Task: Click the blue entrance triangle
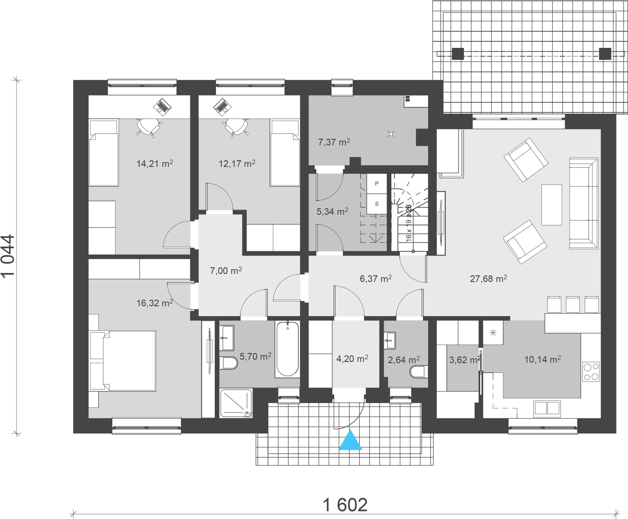click(350, 441)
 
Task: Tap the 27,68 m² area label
click(488, 279)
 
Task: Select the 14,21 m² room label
click(155, 163)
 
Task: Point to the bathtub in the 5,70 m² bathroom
click(288, 349)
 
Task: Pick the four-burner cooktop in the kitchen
click(591, 371)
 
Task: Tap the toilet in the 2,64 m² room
click(419, 371)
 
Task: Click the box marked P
click(377, 184)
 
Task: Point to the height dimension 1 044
click(8, 256)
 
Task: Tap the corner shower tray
click(236, 403)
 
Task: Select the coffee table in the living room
click(552, 205)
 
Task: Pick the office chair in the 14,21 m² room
click(148, 127)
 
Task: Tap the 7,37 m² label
click(334, 142)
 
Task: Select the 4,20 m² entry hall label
click(352, 358)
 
